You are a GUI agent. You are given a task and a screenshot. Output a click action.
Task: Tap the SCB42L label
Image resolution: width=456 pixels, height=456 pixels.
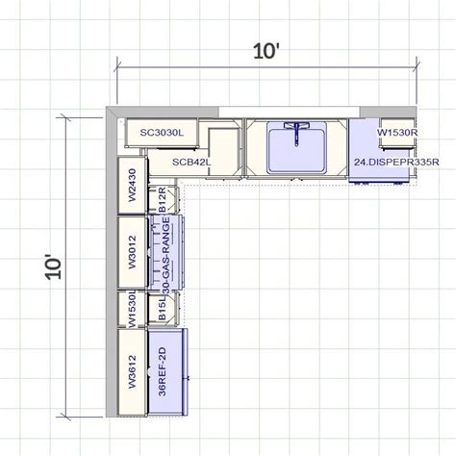tap(191, 162)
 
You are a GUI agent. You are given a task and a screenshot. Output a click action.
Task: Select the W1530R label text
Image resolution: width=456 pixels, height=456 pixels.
tap(395, 131)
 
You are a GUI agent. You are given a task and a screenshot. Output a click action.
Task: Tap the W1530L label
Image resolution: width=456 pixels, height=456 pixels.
tap(132, 310)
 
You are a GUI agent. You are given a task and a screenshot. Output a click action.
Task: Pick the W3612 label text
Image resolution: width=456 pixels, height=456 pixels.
tap(132, 371)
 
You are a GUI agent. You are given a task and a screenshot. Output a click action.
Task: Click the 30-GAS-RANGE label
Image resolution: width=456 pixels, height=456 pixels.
tap(165, 252)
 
